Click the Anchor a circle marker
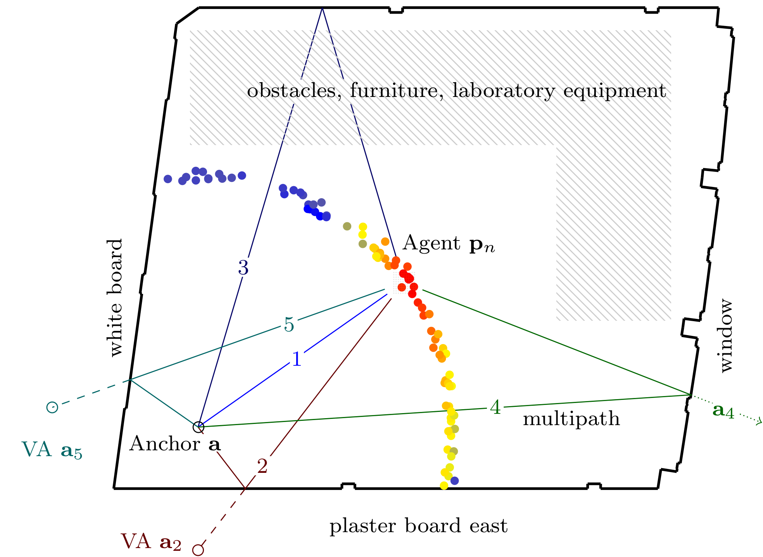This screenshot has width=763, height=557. point(198,427)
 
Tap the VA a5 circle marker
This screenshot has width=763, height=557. point(52,407)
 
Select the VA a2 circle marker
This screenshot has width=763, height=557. point(198,550)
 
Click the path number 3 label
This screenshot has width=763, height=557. point(243,268)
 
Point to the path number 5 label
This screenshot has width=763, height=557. point(289,325)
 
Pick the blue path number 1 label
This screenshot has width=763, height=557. point(297,359)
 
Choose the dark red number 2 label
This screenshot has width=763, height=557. point(262,466)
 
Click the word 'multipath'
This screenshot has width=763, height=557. point(571,419)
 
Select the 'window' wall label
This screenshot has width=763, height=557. point(725,336)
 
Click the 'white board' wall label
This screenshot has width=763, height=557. point(115,298)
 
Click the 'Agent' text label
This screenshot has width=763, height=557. point(432,243)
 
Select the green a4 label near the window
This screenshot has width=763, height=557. point(723,411)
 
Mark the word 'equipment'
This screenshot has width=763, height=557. point(615,92)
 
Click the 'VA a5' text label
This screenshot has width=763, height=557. point(52,450)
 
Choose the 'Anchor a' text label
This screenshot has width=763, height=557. point(175,444)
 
